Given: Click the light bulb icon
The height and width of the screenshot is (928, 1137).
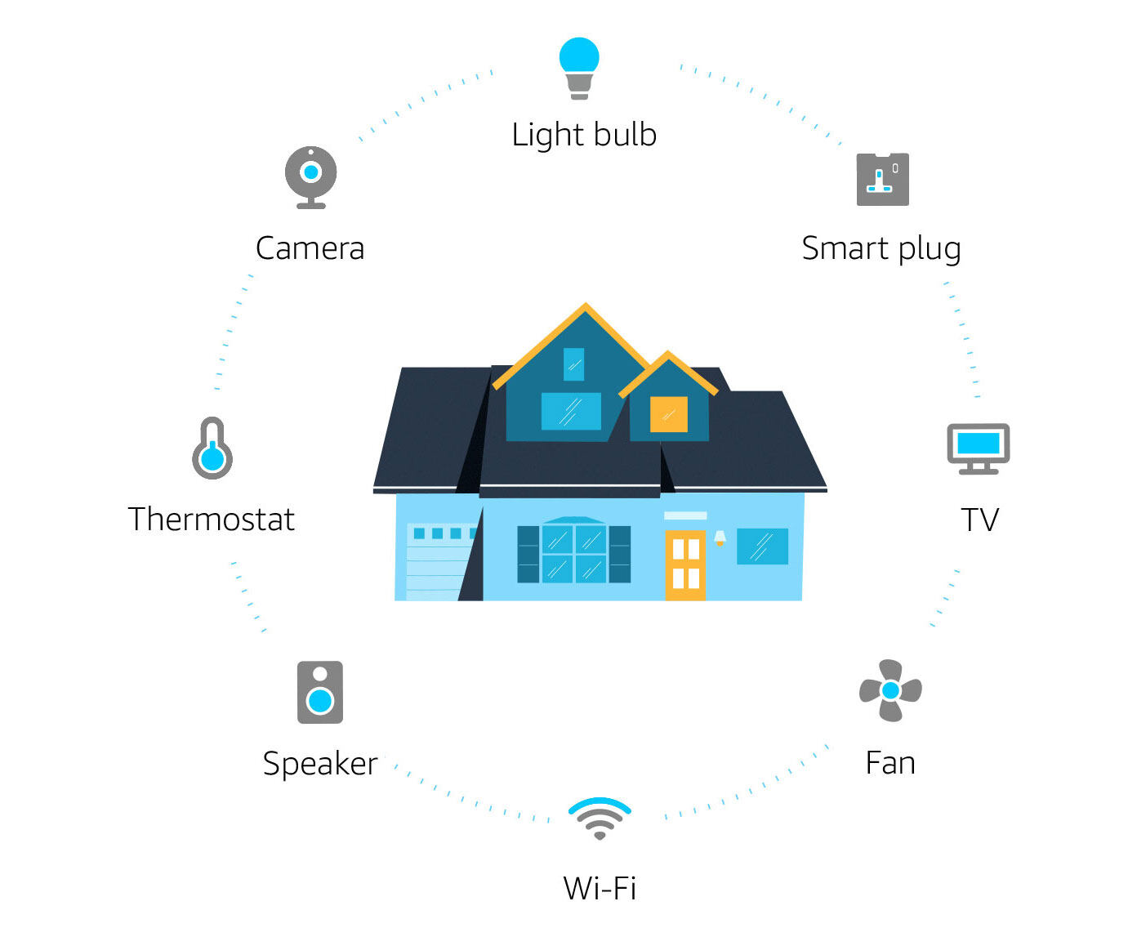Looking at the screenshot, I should tap(579, 68).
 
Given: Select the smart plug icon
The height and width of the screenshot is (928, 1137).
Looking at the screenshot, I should tap(882, 179).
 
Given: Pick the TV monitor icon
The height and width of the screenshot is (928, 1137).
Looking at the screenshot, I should tap(979, 448).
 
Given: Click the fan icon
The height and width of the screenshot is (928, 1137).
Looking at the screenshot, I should tap(890, 690).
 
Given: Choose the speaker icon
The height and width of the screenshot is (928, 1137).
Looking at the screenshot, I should tap(320, 692).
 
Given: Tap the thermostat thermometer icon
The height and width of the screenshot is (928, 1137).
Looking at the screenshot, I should tap(212, 448).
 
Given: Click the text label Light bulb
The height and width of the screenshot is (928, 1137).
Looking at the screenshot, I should tap(584, 135).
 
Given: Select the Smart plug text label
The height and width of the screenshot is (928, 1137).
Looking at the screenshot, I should tap(881, 248).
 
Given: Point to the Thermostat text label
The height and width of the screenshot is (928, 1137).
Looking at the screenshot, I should tap(212, 520).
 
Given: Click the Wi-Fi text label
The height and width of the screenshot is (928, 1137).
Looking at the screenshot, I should tap(600, 888).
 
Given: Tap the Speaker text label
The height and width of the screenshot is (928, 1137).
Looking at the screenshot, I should tap(320, 764).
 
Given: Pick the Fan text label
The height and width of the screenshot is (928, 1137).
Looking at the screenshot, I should tap(890, 763).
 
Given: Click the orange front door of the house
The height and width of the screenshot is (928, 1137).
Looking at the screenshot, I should tap(685, 564).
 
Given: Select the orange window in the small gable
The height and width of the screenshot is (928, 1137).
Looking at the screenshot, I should tap(668, 414).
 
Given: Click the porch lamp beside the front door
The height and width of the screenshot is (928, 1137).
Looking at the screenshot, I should tap(720, 538).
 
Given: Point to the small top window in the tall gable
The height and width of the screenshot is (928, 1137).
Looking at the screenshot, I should tap(574, 364).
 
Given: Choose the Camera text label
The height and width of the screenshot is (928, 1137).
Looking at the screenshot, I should tap(310, 248).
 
